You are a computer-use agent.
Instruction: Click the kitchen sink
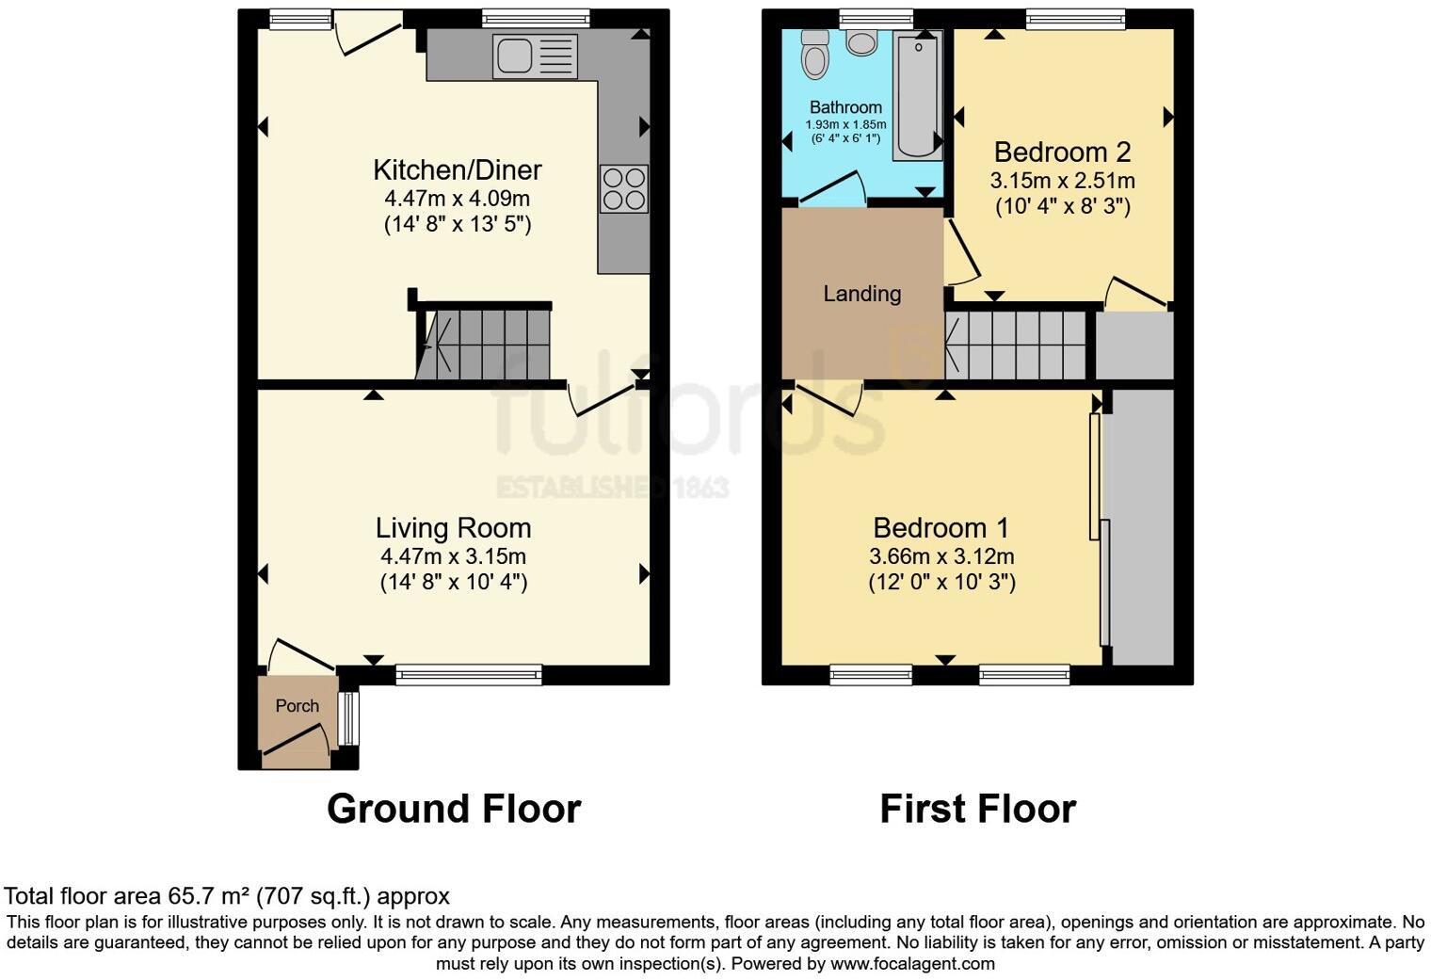point(534,56)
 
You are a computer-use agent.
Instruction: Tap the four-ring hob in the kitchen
point(623,188)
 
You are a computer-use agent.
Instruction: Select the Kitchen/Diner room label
point(458,170)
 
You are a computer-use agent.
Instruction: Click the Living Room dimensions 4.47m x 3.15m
point(453,556)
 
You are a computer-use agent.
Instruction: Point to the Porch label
point(297,706)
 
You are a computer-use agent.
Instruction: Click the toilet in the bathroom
point(814,55)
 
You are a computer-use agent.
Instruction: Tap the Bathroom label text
point(845,107)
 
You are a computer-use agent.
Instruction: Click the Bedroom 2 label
point(1062,152)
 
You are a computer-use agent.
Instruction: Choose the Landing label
point(861,294)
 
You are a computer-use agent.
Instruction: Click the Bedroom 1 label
point(941,527)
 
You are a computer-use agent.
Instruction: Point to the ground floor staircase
point(485,344)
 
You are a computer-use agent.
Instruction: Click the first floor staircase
point(1017,345)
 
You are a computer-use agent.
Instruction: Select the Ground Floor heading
point(454,809)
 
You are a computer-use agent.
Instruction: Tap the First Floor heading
point(977,809)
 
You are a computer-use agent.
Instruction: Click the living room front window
point(469,674)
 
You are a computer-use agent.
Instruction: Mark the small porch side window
point(348,718)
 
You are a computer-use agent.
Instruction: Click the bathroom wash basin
point(861,42)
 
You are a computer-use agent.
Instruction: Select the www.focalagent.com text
point(912,964)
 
